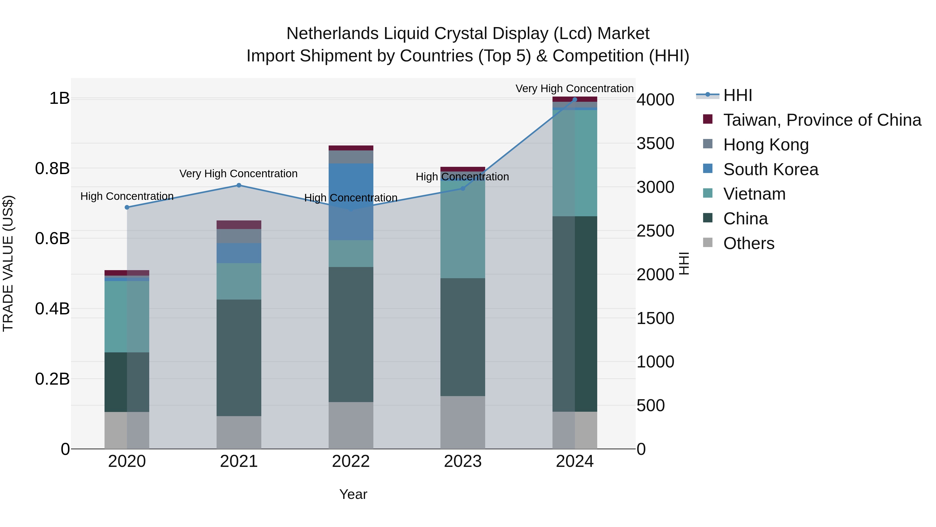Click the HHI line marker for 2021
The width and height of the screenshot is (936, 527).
(x=239, y=186)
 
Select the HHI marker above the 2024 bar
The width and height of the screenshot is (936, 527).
(x=574, y=100)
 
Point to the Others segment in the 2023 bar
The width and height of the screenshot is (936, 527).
(x=463, y=422)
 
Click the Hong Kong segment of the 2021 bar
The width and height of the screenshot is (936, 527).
(x=239, y=236)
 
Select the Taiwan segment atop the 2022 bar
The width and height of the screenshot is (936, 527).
(x=351, y=148)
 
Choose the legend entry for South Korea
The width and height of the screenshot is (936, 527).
(x=770, y=169)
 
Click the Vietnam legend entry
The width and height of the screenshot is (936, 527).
(x=754, y=194)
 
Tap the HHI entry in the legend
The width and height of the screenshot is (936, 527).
(x=737, y=96)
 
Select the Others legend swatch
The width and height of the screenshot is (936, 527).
(x=707, y=243)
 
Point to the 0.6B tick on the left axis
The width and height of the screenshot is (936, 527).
(x=52, y=239)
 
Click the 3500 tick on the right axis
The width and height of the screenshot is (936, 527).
(x=655, y=144)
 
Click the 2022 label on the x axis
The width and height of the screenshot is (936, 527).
(x=351, y=461)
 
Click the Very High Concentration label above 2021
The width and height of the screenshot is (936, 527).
(x=238, y=174)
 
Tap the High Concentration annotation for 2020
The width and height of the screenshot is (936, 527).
(x=127, y=196)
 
